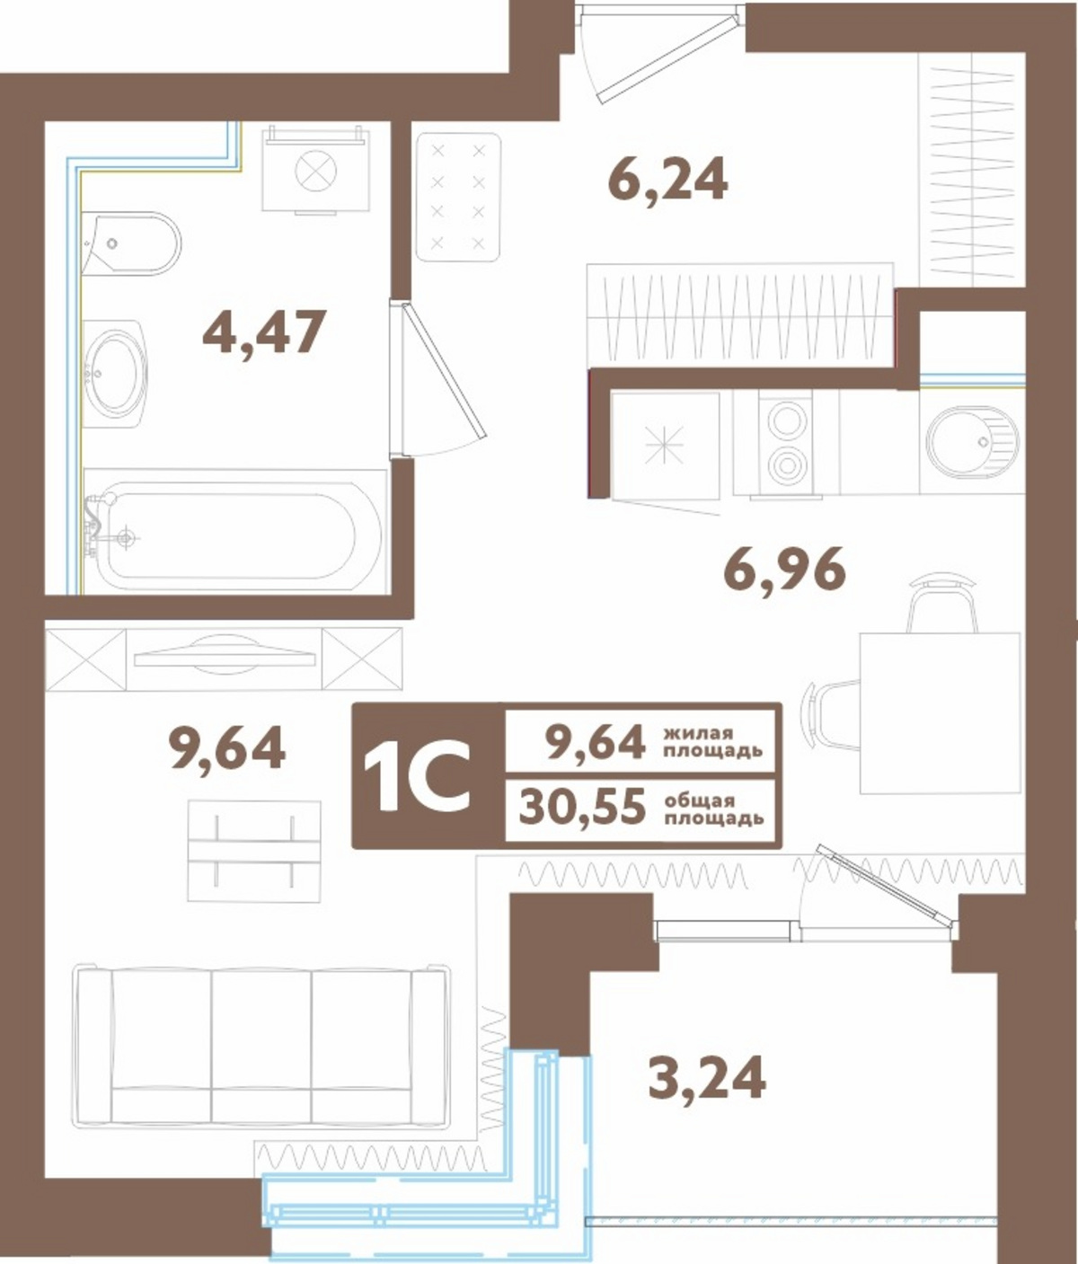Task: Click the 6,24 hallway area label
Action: pos(667,179)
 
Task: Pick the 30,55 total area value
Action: pos(582,807)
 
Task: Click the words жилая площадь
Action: pos(713,742)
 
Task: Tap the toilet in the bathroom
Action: pos(130,243)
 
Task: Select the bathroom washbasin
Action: pos(115,374)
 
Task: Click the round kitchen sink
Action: pos(972,440)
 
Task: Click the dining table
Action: pos(940,713)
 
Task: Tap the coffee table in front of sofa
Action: pos(254,852)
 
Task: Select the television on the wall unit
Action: pos(225,655)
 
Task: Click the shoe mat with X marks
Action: pos(458,197)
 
